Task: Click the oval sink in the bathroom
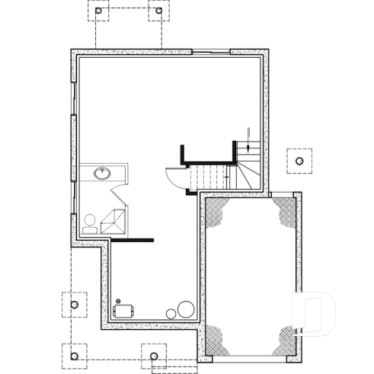point(101,174)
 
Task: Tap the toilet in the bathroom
point(90,222)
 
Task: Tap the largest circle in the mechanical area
point(186,309)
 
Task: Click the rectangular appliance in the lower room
point(123,311)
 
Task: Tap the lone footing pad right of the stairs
point(299,161)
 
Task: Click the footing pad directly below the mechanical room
point(154,356)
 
